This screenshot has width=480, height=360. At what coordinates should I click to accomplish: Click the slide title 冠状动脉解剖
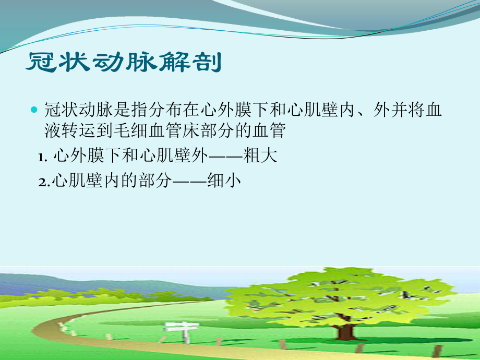(x=124, y=63)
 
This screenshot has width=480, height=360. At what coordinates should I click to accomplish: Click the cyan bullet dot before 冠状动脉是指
(x=34, y=111)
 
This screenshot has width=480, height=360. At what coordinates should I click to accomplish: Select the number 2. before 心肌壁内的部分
(x=44, y=181)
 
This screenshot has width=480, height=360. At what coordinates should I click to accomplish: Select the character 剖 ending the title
(x=210, y=63)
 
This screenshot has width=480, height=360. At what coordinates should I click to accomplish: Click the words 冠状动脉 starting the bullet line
(x=70, y=111)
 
